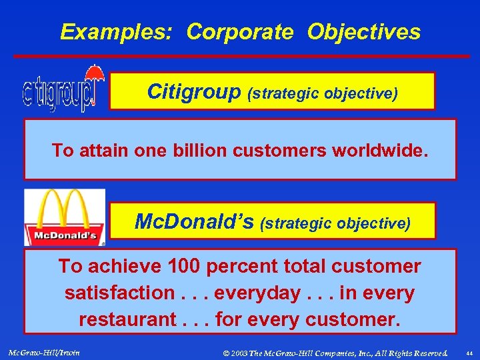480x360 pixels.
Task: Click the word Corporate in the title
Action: pos(240,32)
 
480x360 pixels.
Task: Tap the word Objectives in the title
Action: pos(364,32)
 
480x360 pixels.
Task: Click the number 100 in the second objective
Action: pos(183,267)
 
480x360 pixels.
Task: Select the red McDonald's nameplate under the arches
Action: pos(65,235)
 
